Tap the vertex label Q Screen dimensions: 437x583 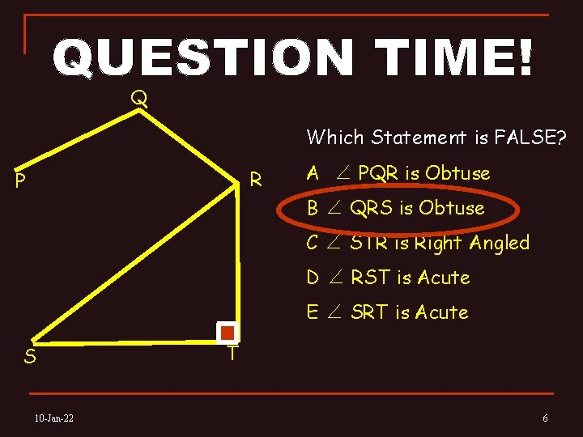(139, 99)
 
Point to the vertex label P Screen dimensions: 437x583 (20, 180)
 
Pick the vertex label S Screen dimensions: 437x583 (29, 356)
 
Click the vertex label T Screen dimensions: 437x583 (232, 354)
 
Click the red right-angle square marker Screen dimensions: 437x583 (228, 333)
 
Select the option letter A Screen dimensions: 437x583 (313, 173)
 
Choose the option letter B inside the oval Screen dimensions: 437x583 (313, 208)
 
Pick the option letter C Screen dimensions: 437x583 (313, 243)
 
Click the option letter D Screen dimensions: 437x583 (313, 278)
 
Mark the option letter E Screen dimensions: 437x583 (313, 312)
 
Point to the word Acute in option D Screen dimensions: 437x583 (443, 278)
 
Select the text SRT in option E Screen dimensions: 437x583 (370, 312)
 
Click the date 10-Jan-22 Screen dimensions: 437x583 (54, 418)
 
